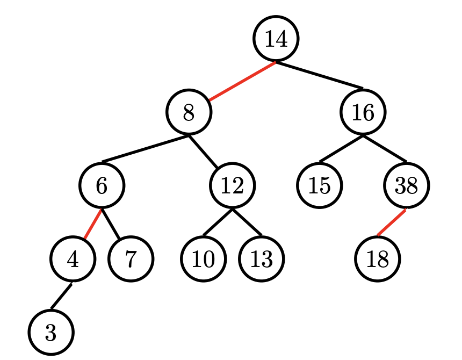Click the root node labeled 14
pos(276,39)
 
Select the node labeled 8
pos(189,112)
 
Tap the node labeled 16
pos(363,112)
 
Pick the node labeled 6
pos(102,185)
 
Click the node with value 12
pos(232,185)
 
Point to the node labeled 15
pos(320,185)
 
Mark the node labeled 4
pos(73,259)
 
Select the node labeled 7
pos(131,259)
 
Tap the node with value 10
pos(203,259)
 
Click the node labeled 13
pos(262,259)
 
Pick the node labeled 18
pos(378,259)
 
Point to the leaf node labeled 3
pos(50,333)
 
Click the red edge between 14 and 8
pos(242,81)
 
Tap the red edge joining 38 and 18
pos(392,222)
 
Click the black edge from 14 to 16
pos(320,75)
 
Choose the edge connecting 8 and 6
pos(145,149)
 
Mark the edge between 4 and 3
pos(62,296)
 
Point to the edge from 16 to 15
pos(341,149)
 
